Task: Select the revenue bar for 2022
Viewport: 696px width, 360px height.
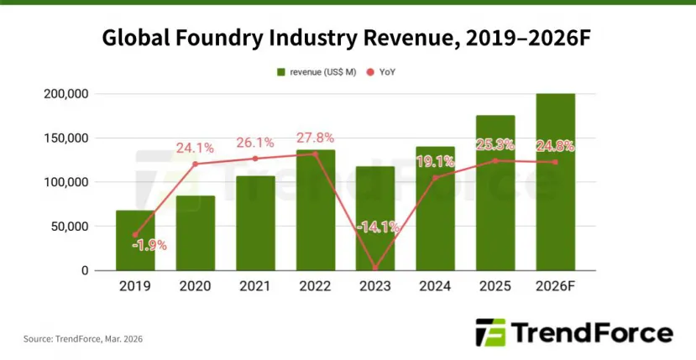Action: (x=315, y=210)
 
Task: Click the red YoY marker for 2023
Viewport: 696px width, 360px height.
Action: (x=374, y=268)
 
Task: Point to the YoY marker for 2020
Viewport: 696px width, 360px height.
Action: (x=196, y=164)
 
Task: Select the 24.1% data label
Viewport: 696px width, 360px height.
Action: (x=196, y=148)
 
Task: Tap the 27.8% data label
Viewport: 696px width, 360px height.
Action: (x=315, y=138)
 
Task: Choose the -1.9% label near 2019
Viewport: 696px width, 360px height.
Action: (x=149, y=245)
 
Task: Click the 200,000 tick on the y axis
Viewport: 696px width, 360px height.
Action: (x=65, y=94)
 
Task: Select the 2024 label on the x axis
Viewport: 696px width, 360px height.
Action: (x=435, y=286)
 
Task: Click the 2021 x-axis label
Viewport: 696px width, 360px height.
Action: (x=255, y=286)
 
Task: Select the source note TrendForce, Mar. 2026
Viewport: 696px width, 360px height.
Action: (x=82, y=339)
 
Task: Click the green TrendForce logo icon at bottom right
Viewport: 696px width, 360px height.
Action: (x=490, y=332)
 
